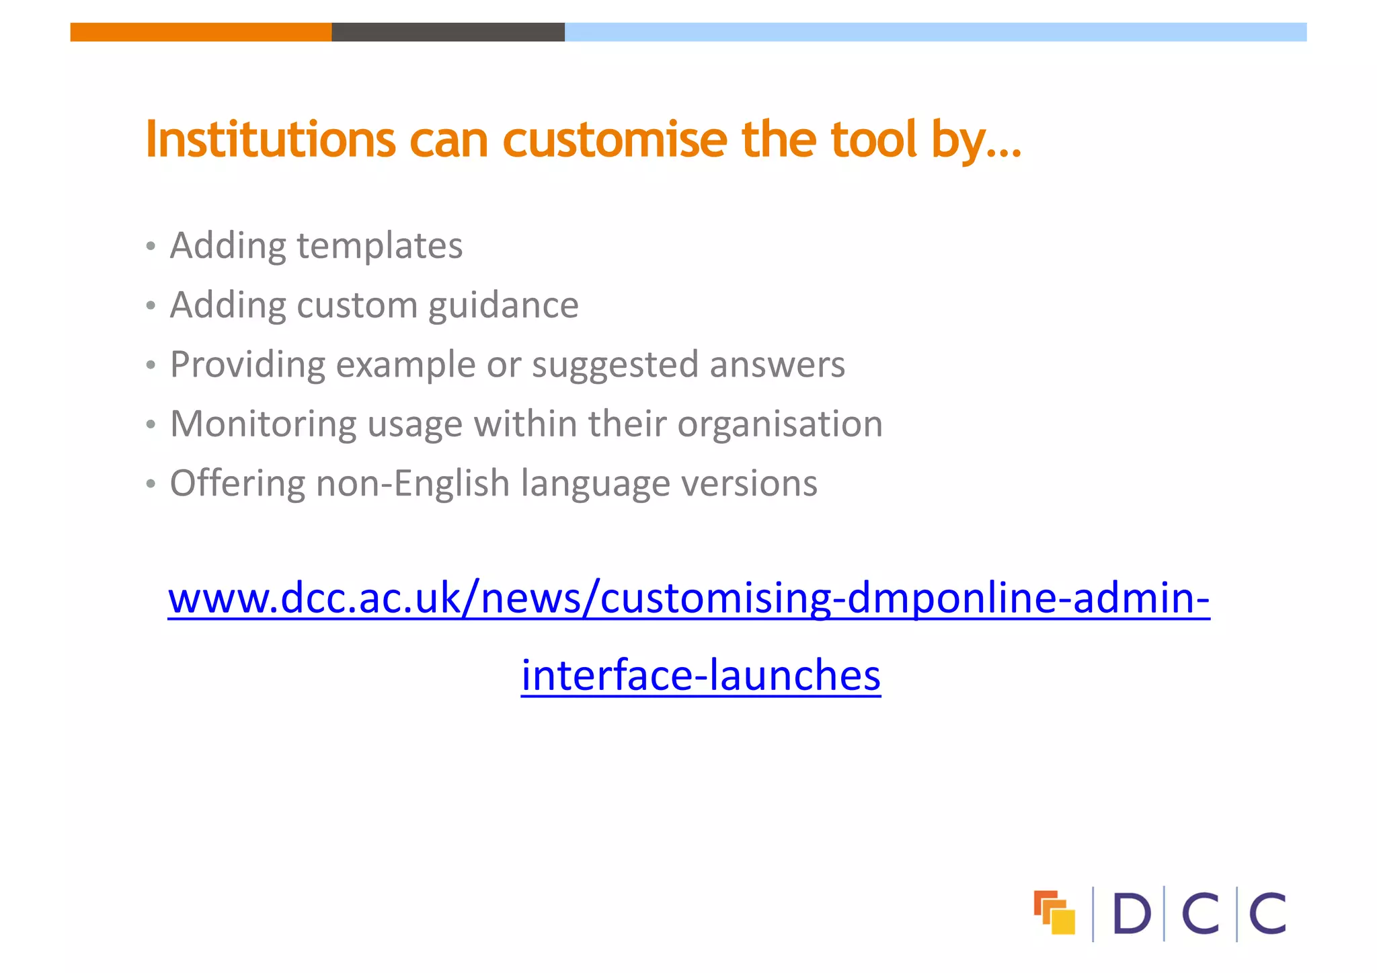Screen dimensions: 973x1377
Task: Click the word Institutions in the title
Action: [270, 139]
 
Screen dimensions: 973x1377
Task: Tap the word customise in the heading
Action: [615, 139]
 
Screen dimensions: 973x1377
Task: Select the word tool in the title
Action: [873, 139]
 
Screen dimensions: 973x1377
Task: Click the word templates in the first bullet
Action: [379, 245]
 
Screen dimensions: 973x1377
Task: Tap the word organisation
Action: [780, 424]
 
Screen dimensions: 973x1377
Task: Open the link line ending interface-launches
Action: [701, 675]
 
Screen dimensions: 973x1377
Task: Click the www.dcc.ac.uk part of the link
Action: [314, 598]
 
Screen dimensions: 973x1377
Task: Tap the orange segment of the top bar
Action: [200, 32]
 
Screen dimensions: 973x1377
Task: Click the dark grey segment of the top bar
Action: [448, 32]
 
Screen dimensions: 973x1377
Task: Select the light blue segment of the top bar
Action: [935, 32]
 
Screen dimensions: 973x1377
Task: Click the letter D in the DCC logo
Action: [1132, 914]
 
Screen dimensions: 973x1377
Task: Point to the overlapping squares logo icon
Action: [1054, 912]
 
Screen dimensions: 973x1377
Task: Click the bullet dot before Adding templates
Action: [151, 247]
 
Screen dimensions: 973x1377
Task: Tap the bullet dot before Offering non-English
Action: [151, 484]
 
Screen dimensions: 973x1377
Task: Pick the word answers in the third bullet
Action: [777, 365]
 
